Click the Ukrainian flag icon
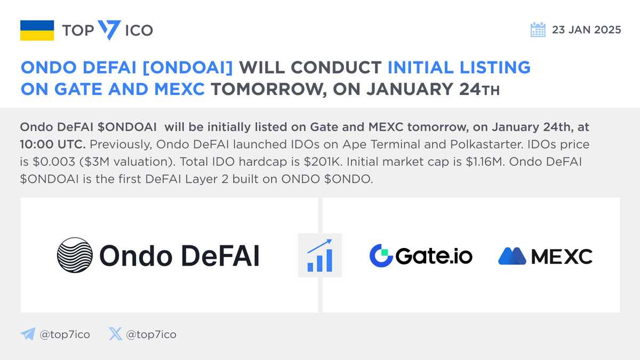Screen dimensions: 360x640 pos(37,30)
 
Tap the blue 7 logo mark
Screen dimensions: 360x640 pos(109,30)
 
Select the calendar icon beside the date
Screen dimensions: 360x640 pos(538,30)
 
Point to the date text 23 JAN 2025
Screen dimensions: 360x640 pos(587,30)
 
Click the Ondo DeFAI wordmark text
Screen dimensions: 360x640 pos(179,255)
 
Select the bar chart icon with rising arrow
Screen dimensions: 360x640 pos(320,255)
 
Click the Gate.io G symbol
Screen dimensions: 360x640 pos(381,256)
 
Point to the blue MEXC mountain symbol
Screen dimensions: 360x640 pos(513,256)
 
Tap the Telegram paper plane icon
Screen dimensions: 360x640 pos(27,334)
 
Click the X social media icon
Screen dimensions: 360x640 pos(115,334)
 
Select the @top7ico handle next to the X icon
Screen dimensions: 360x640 pos(152,335)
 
